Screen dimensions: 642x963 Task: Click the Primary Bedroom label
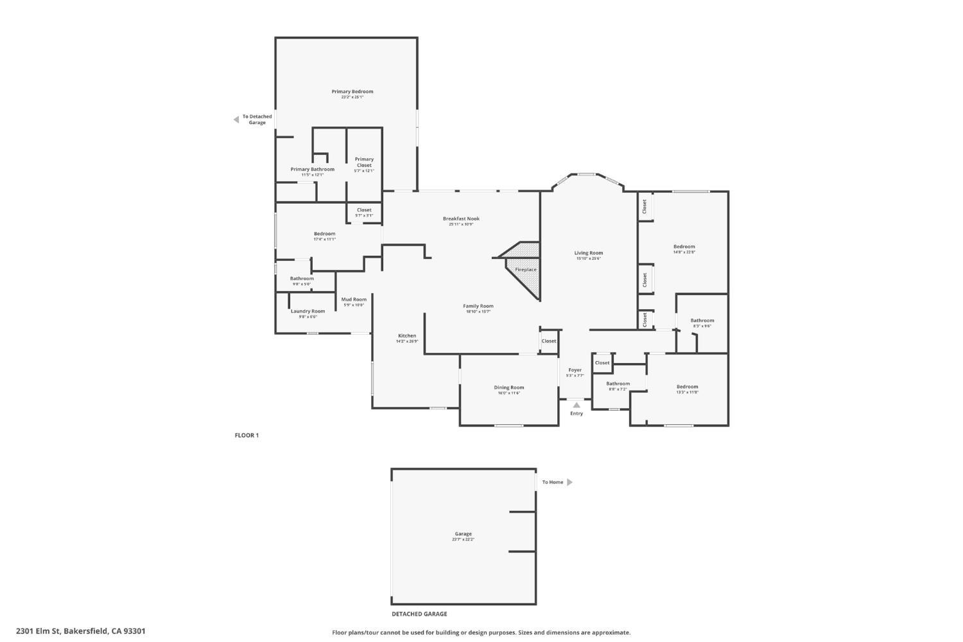coord(352,91)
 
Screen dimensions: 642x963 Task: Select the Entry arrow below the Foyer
coord(577,405)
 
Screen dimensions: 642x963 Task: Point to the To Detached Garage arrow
coord(236,120)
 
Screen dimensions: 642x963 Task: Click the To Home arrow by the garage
coord(569,482)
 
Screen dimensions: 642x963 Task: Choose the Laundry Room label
coord(308,311)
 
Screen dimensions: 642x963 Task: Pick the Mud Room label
coord(354,299)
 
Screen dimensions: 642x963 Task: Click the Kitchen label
coord(407,335)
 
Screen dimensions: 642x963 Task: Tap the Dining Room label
coord(508,387)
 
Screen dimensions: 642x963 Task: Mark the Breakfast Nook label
coord(461,218)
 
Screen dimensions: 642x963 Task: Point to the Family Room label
coord(478,306)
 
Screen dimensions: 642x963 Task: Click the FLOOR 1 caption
coord(247,435)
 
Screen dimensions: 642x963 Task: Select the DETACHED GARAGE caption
coord(419,614)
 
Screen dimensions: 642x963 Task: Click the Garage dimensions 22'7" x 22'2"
coord(463,540)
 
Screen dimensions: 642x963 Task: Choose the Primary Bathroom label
coord(312,169)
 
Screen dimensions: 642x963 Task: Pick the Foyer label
coord(575,370)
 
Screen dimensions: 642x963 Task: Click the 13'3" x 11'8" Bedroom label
coord(687,387)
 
